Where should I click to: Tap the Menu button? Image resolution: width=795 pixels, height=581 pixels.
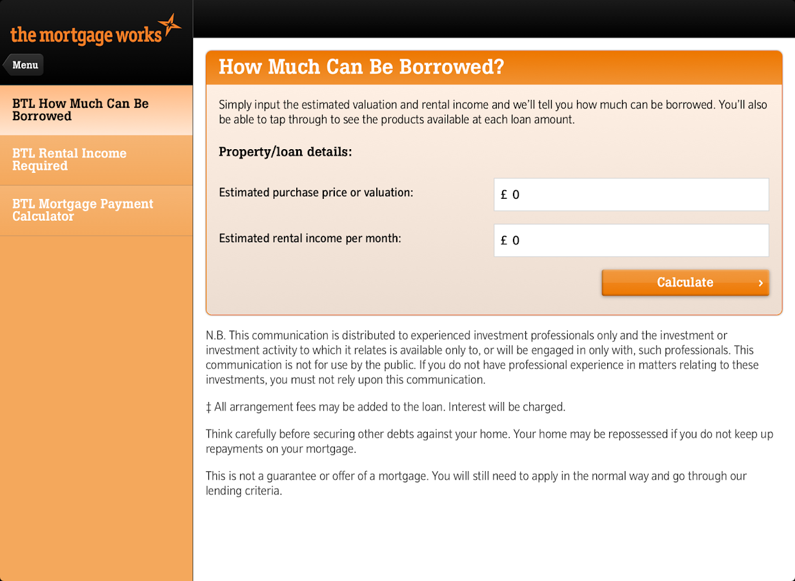[x=24, y=65]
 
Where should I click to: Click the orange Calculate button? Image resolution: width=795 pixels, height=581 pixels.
[x=685, y=283]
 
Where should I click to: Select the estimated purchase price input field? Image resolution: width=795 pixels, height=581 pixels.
[x=631, y=195]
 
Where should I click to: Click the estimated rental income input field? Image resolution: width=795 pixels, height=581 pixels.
[x=631, y=241]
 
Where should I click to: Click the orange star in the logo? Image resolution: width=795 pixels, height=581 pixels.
[x=170, y=26]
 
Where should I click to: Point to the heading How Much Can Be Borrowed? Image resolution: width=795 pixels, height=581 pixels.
[x=361, y=67]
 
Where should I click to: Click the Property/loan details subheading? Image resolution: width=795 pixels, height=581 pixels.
[x=286, y=152]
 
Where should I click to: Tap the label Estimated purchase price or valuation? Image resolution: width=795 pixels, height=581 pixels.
[x=316, y=192]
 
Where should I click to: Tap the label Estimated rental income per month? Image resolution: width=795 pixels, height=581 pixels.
[x=310, y=238]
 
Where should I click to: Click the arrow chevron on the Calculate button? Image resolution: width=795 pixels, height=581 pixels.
[x=761, y=283]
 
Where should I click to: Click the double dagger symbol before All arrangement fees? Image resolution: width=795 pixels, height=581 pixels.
[x=208, y=407]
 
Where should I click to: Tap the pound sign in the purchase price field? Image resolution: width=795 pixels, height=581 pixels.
[x=504, y=195]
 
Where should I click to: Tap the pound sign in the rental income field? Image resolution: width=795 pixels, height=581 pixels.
[x=504, y=241]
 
